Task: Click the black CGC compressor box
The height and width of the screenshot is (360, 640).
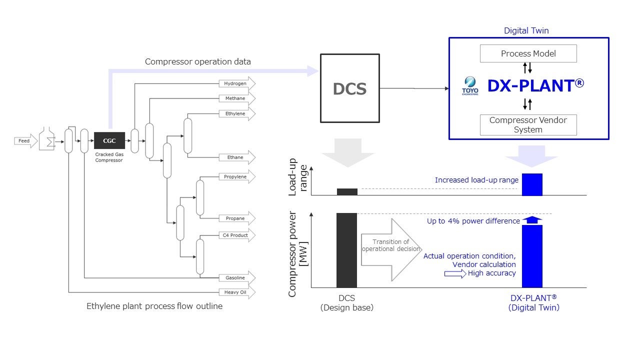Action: (109, 140)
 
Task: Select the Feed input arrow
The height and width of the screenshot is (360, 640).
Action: (25, 141)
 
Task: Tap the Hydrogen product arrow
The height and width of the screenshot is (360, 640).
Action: (237, 83)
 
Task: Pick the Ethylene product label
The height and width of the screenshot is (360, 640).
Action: (235, 113)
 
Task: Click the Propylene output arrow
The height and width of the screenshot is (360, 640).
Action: (237, 176)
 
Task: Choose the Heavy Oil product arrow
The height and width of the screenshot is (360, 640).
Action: (237, 292)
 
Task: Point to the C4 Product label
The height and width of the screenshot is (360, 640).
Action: (235, 235)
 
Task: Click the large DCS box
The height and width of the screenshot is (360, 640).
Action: (350, 88)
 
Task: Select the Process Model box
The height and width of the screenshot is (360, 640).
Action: (528, 53)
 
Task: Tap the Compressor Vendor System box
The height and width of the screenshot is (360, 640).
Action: (528, 125)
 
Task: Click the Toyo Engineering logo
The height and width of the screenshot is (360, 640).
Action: (470, 85)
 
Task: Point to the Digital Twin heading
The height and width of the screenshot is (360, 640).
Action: (526, 30)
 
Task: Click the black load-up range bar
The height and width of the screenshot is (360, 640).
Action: (347, 191)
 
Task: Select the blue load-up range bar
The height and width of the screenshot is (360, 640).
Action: (532, 184)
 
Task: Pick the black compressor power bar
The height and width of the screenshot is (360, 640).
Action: (346, 250)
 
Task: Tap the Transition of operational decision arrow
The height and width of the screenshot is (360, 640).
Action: (391, 250)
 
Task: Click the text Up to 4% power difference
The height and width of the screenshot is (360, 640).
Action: (473, 221)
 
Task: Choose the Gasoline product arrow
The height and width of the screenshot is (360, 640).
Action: (237, 277)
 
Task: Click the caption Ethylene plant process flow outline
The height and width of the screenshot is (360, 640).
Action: (154, 306)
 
